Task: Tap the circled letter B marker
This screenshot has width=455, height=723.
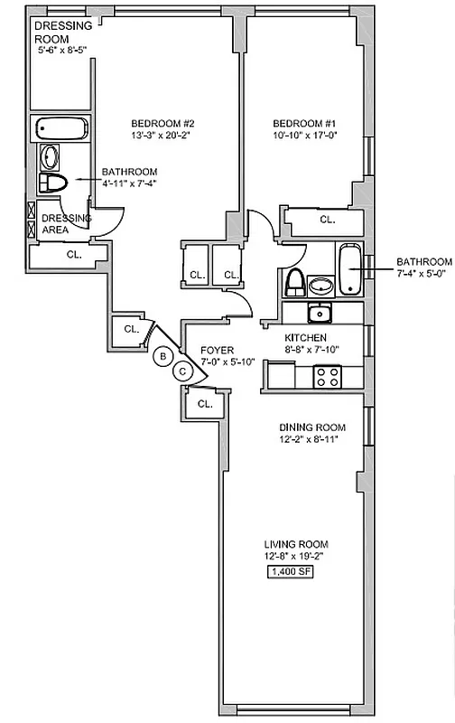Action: point(162,356)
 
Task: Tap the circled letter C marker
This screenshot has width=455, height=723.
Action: point(182,370)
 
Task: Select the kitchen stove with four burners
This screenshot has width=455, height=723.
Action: point(326,376)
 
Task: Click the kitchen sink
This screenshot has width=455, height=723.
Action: point(318,314)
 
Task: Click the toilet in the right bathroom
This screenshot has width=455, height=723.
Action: point(294,283)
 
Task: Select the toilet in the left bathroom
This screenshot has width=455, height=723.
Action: point(55,184)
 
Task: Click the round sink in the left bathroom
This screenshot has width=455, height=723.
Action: point(50,158)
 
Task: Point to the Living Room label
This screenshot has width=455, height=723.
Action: point(295,544)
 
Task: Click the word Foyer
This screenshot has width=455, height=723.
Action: point(218,349)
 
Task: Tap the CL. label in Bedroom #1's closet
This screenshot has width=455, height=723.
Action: point(327,219)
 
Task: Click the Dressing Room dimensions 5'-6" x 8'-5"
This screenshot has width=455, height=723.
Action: point(63,52)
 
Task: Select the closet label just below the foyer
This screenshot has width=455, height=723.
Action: point(204,403)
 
